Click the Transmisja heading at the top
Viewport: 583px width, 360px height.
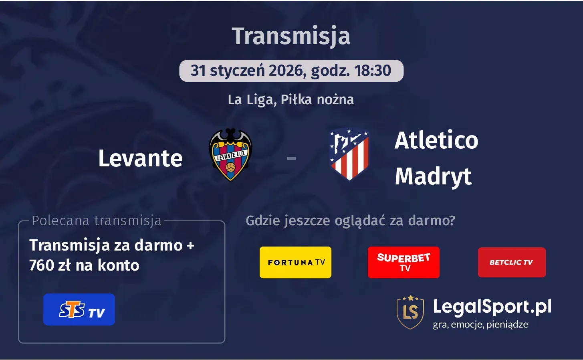(291, 36)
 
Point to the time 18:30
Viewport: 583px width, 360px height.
(373, 71)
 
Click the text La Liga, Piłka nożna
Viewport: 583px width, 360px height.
(291, 99)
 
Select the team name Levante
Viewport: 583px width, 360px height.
(140, 158)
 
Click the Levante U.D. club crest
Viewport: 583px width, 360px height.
(230, 155)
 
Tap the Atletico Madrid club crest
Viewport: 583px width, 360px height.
(349, 154)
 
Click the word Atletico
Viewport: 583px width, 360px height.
(436, 140)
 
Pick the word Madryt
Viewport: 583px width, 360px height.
(433, 176)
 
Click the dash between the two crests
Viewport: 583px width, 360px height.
(291, 158)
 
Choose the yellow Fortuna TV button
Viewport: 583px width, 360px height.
(295, 262)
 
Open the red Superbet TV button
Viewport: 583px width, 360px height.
(403, 262)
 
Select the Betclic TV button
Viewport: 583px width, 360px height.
(512, 262)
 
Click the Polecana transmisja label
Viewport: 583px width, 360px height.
(97, 220)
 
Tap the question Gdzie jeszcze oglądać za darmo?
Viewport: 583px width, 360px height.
(350, 220)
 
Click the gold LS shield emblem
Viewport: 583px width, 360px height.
(410, 312)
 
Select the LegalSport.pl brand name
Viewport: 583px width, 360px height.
(492, 307)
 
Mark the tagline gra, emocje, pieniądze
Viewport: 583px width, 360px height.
(480, 324)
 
